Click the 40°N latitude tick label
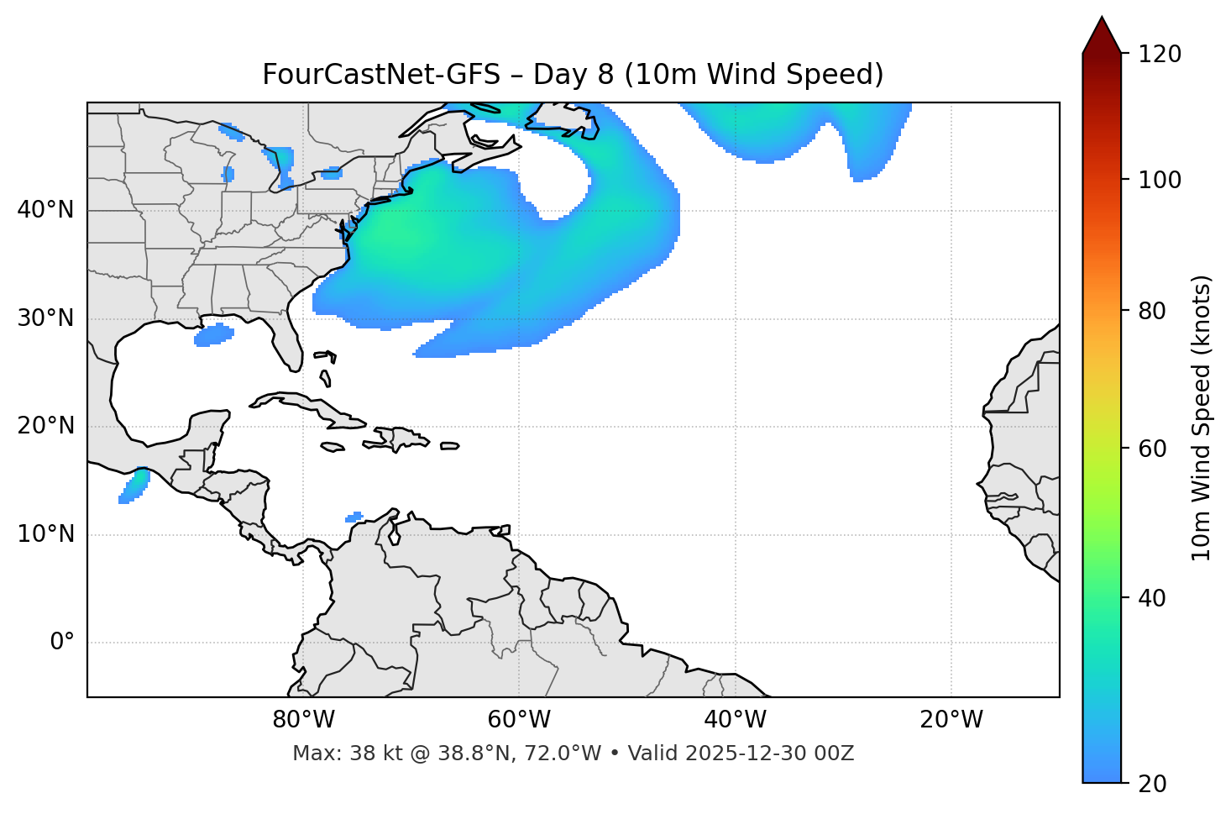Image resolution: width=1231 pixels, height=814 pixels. (x=45, y=210)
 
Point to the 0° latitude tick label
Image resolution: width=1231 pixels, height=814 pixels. (x=62, y=643)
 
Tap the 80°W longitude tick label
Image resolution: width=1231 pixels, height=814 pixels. (x=303, y=720)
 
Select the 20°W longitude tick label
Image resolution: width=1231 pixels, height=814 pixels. (x=951, y=720)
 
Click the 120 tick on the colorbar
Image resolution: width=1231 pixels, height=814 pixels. (x=1160, y=54)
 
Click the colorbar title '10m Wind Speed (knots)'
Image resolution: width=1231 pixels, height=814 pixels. (x=1202, y=418)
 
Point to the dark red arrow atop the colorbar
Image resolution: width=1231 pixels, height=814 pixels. (x=1102, y=35)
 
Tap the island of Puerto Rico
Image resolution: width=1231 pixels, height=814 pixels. (x=450, y=446)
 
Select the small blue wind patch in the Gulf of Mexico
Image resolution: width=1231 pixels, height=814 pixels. (x=213, y=335)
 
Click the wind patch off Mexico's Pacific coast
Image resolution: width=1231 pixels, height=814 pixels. (x=134, y=486)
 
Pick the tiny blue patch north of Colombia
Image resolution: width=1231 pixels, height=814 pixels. (x=354, y=517)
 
